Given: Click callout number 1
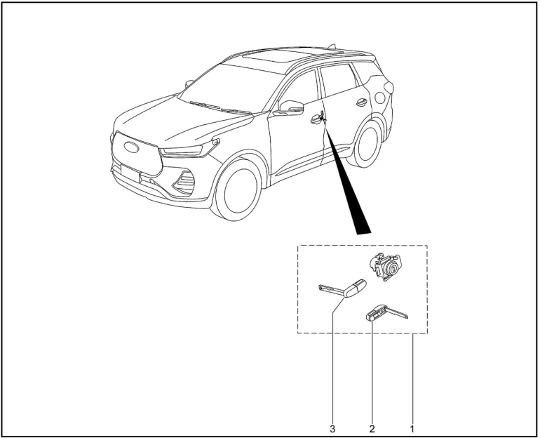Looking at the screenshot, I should point(412,426).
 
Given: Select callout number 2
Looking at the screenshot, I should point(372,426).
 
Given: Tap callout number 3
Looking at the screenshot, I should point(331,426).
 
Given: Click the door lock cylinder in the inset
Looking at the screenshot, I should point(386,267).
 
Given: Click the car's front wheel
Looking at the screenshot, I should point(239,189).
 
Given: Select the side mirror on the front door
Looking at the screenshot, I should point(290,107).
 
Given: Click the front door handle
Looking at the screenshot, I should point(316,120).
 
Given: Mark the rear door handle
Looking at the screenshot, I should point(361,102).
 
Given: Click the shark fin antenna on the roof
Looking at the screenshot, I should point(336,50).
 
